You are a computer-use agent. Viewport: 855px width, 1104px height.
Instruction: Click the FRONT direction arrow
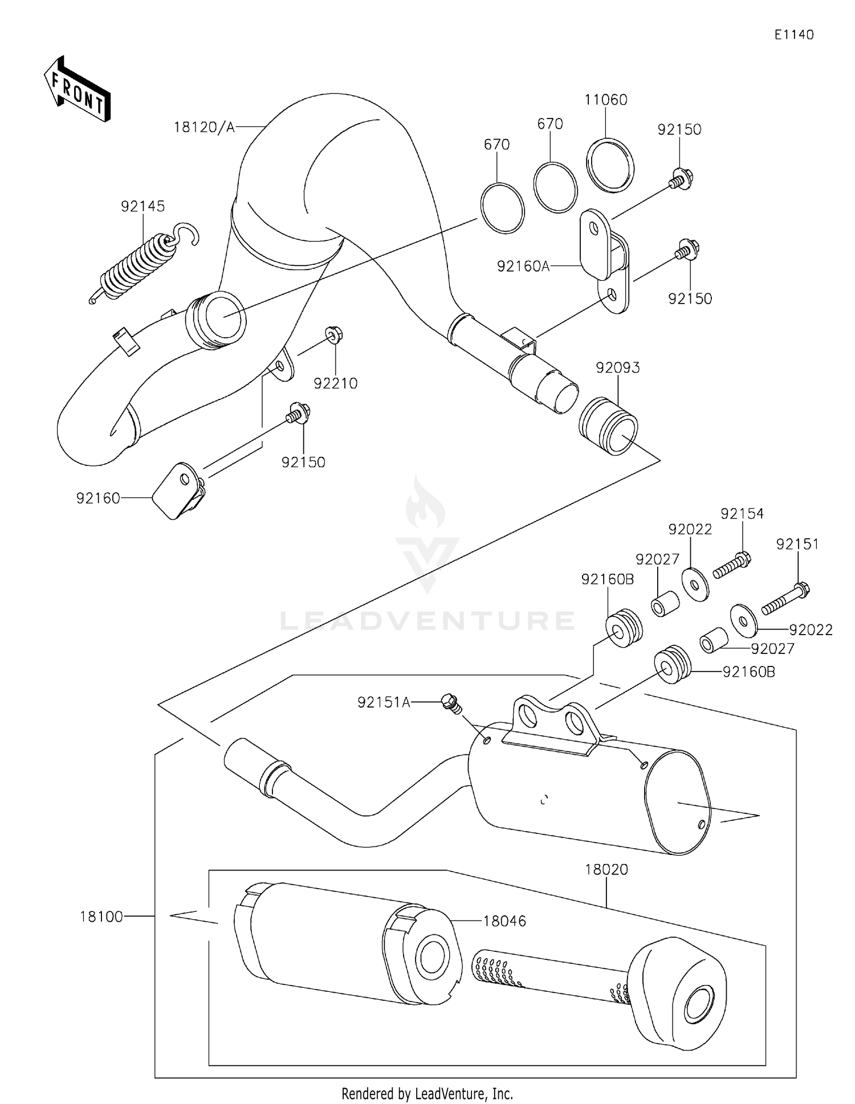pyautogui.click(x=77, y=90)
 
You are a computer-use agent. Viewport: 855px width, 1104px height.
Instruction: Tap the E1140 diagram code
pyautogui.click(x=793, y=35)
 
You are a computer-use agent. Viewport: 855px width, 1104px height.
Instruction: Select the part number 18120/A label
pyautogui.click(x=204, y=127)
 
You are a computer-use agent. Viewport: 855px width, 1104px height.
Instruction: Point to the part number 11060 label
pyautogui.click(x=605, y=100)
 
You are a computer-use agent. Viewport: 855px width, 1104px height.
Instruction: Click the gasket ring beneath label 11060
pyautogui.click(x=610, y=166)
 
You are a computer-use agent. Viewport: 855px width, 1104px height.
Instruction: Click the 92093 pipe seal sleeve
pyautogui.click(x=608, y=426)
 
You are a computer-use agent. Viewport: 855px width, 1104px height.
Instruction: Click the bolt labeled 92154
pyautogui.click(x=731, y=565)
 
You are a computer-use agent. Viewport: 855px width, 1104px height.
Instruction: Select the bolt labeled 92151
pyautogui.click(x=786, y=598)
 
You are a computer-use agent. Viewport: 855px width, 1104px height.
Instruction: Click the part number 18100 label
pyautogui.click(x=101, y=917)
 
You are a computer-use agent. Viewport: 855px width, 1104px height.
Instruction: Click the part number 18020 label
pyautogui.click(x=606, y=870)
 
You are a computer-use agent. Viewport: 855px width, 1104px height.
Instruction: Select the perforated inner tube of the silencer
pyautogui.click(x=547, y=974)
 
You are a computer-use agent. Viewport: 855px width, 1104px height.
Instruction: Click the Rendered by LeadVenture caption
pyautogui.click(x=427, y=1093)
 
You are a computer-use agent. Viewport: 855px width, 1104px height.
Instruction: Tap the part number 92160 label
pyautogui.click(x=98, y=498)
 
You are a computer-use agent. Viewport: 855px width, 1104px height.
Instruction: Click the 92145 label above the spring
pyautogui.click(x=142, y=206)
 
